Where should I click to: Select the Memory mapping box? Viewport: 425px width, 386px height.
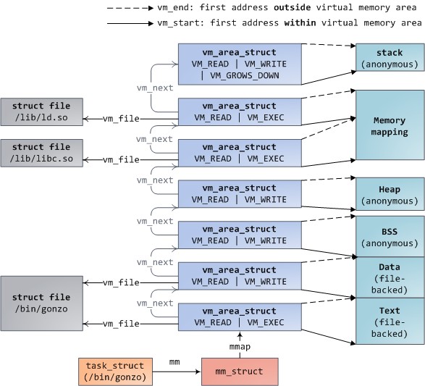click(389, 125)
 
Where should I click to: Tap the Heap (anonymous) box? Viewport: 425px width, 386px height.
click(389, 195)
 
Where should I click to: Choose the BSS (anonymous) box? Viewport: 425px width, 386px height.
click(389, 235)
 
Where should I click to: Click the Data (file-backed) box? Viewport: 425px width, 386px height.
click(389, 277)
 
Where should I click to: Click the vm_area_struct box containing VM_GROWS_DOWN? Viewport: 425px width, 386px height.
click(238, 64)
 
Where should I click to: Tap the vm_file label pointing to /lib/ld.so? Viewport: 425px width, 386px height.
click(120, 119)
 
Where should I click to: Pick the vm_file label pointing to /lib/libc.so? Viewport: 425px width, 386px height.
click(120, 159)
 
